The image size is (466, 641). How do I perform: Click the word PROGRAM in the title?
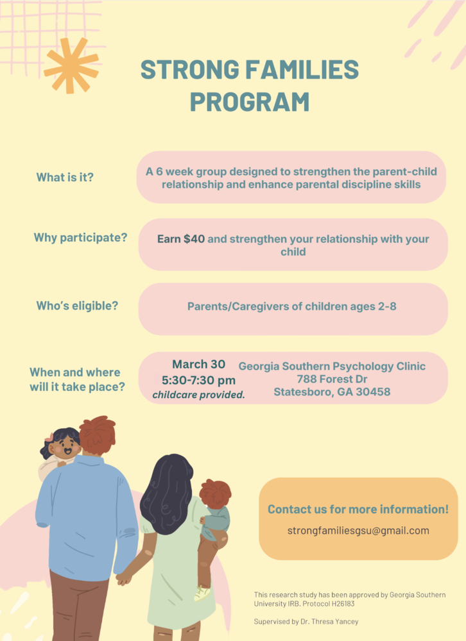(x=249, y=102)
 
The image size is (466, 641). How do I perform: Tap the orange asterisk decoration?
(x=71, y=65)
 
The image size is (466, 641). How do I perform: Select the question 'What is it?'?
(x=65, y=178)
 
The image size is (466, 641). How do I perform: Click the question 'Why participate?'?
(x=80, y=238)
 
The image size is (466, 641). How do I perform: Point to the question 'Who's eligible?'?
(x=77, y=306)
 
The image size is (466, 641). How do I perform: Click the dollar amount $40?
(x=194, y=239)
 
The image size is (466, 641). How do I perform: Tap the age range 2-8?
(x=383, y=306)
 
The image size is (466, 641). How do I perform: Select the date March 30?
(x=198, y=364)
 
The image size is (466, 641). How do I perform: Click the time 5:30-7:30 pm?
(x=198, y=380)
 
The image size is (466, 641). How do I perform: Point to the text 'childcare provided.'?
(x=198, y=395)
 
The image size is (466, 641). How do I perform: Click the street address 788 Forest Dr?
(x=332, y=379)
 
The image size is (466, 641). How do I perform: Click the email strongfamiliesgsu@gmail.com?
(x=358, y=531)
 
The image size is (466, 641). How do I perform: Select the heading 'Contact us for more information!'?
(x=358, y=510)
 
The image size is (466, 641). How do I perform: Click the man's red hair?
(x=98, y=433)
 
